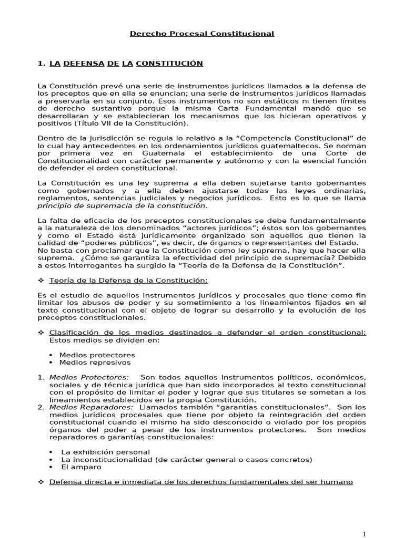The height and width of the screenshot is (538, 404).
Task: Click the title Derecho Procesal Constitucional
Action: pos(202,34)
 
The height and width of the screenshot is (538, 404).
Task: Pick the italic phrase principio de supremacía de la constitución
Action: pos(122,205)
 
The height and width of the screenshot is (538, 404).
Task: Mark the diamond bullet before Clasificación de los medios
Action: pos(42,333)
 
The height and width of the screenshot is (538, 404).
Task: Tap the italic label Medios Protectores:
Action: pos(89,377)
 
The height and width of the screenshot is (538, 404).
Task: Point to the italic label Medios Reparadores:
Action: pos(91,407)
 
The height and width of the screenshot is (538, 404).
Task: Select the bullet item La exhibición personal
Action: pos(105,452)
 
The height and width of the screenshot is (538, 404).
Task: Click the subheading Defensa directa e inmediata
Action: pos(201,481)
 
